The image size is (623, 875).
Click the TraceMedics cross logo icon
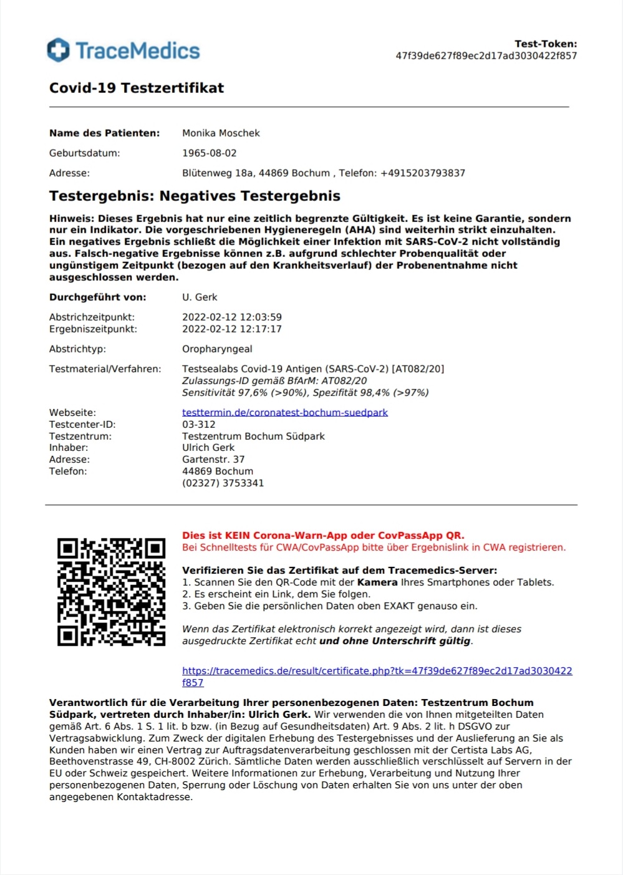click(59, 50)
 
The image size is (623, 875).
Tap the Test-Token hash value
click(486, 56)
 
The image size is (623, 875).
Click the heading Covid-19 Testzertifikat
click(137, 88)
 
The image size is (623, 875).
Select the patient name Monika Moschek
click(221, 133)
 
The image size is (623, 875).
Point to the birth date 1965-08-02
click(210, 153)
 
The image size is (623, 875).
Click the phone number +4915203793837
click(423, 173)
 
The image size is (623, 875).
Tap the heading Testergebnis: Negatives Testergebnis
click(195, 196)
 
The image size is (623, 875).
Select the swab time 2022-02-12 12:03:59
click(232, 317)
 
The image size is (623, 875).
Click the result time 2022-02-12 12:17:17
click(232, 329)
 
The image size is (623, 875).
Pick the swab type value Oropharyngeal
click(217, 349)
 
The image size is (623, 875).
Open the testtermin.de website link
click(285, 412)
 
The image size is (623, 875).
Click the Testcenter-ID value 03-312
click(199, 424)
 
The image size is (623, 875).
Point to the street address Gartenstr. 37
click(213, 459)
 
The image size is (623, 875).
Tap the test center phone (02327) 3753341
click(223, 483)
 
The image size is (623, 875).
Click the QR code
click(111, 592)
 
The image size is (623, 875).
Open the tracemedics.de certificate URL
click(377, 671)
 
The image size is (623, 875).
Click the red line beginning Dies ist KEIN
click(323, 535)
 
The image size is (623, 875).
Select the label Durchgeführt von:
click(98, 297)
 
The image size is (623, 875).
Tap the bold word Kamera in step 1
click(377, 582)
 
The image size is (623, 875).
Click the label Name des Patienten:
click(105, 133)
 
